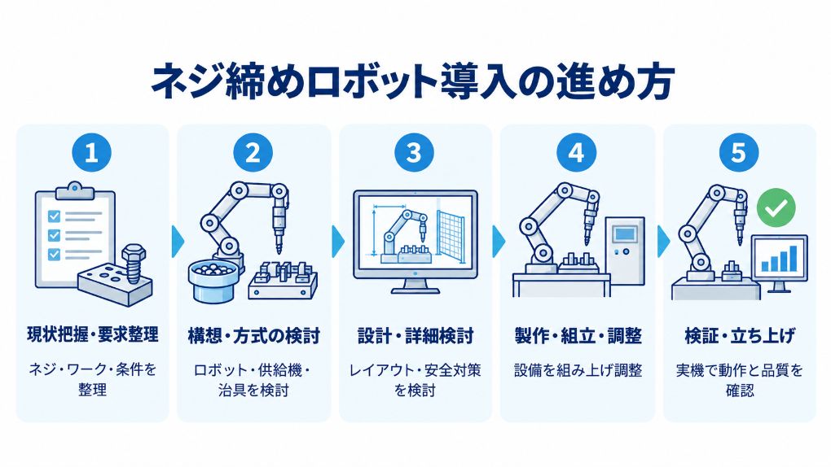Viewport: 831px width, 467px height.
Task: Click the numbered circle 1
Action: [x=92, y=153]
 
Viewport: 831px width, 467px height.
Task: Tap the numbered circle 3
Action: [x=414, y=153]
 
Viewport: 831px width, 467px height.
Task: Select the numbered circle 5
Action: [x=739, y=153]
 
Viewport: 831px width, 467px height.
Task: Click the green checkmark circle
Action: [x=776, y=207]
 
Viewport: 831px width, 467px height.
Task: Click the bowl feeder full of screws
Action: [x=210, y=280]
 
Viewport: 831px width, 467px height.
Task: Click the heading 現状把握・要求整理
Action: [x=92, y=334]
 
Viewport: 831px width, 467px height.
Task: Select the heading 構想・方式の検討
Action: [x=254, y=336]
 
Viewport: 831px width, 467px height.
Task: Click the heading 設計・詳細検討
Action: [x=415, y=336]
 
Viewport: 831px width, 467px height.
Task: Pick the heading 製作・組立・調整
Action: [x=578, y=336]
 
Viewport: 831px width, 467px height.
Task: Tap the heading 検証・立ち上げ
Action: [x=740, y=336]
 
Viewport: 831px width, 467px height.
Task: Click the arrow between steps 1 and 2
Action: [x=178, y=242]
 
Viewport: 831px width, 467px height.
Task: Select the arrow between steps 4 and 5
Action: [x=663, y=242]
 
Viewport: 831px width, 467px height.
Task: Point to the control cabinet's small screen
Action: [x=625, y=233]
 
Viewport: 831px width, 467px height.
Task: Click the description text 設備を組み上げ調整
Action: [x=578, y=370]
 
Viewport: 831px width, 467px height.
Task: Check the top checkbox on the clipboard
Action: [x=54, y=216]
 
